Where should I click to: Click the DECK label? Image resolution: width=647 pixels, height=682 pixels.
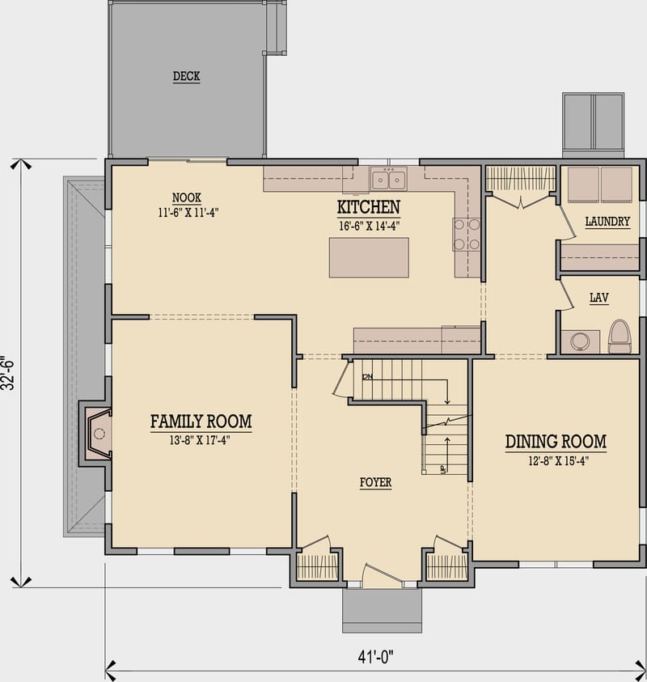pos(186,77)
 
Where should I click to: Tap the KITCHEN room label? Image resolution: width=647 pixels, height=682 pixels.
pos(368,206)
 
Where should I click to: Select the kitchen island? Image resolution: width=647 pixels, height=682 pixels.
pos(368,257)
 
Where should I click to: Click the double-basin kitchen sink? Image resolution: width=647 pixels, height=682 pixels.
pos(388,180)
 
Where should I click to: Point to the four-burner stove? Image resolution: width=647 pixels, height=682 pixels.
pos(467,234)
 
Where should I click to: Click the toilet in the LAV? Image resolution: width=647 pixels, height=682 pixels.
pos(620,337)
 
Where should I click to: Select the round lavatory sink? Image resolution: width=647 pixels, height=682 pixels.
pos(579,341)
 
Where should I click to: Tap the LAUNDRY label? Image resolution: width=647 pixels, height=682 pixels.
pos(607,222)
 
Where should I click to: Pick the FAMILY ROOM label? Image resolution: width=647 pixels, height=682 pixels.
pos(201,421)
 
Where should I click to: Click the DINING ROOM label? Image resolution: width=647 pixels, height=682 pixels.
pos(556,442)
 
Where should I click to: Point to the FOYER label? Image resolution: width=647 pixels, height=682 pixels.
pos(375,483)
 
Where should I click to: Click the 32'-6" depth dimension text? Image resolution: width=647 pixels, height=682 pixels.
pos(8,373)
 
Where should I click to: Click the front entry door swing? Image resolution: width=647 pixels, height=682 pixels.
pos(382,575)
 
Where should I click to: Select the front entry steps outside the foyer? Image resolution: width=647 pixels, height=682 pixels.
pos(382,610)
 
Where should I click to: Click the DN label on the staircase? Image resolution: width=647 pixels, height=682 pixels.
pos(368,377)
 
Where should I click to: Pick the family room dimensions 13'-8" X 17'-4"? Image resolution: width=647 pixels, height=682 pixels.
pos(201,442)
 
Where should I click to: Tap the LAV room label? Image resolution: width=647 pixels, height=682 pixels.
pos(598,299)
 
